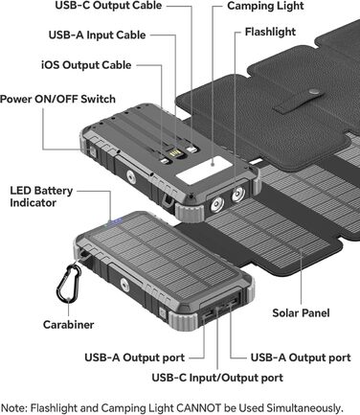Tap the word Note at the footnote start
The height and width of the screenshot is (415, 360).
[x=14, y=406]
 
